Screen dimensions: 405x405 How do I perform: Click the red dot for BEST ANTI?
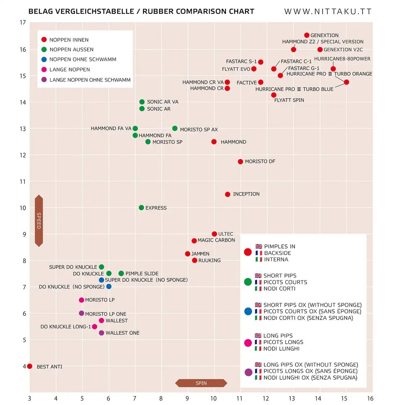30,366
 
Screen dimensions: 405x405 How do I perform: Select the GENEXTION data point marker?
307,35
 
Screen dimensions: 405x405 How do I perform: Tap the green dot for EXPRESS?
141,208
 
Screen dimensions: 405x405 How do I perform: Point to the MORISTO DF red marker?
240,162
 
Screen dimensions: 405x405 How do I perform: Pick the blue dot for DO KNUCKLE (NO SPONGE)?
109,287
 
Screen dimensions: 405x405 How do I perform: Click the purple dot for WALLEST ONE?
102,333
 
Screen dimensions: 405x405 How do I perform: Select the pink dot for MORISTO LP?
81,300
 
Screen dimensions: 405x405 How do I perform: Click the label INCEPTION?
246,194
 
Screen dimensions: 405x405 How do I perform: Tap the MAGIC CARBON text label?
216,240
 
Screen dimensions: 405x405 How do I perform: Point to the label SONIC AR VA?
163,102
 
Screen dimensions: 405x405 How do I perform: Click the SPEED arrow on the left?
39,221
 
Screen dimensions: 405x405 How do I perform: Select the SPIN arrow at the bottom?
201,383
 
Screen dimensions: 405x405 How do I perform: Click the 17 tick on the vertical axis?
23,23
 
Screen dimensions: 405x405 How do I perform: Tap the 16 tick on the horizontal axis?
370,399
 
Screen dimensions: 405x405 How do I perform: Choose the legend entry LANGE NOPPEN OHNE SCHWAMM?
90,80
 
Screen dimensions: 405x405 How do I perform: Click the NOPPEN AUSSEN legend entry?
71,50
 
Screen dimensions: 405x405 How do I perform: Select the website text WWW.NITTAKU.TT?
328,11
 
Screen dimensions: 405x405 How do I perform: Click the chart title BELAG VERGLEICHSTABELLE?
81,11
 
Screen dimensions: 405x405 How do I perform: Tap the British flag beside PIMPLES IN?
259,246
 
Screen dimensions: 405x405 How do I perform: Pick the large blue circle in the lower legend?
248,311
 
